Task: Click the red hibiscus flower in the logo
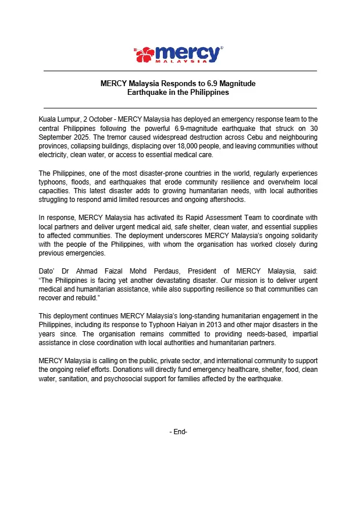pyautogui.click(x=146, y=55)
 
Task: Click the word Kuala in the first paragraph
pyautogui.click(x=48, y=119)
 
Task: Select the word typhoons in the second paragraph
pyautogui.click(x=54, y=182)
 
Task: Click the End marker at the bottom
pyautogui.click(x=179, y=432)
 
